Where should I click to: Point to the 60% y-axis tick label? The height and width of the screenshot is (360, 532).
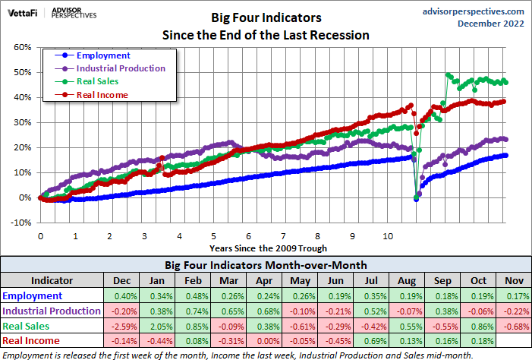23,47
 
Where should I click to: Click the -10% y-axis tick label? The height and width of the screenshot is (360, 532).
21,223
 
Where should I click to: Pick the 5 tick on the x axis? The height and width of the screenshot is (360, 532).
213,236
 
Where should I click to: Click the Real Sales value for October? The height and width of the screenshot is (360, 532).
478,325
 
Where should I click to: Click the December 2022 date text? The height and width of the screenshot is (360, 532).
490,24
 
